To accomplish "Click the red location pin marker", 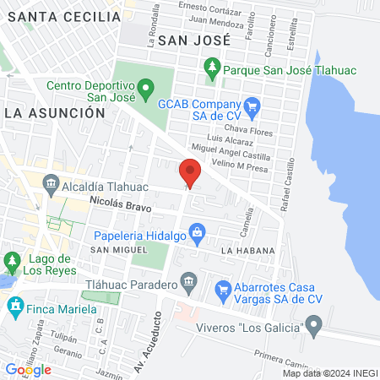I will pyautogui.click(x=190, y=173).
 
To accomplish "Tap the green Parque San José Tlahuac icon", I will pyautogui.click(x=211, y=65).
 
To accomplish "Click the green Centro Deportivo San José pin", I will pyautogui.click(x=145, y=86).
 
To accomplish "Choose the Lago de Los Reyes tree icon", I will pyautogui.click(x=12, y=258).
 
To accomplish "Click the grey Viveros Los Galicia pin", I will pyautogui.click(x=315, y=323).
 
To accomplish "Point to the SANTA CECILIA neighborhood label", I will pyautogui.click(x=59, y=16).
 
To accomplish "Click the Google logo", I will pyautogui.click(x=28, y=369).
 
